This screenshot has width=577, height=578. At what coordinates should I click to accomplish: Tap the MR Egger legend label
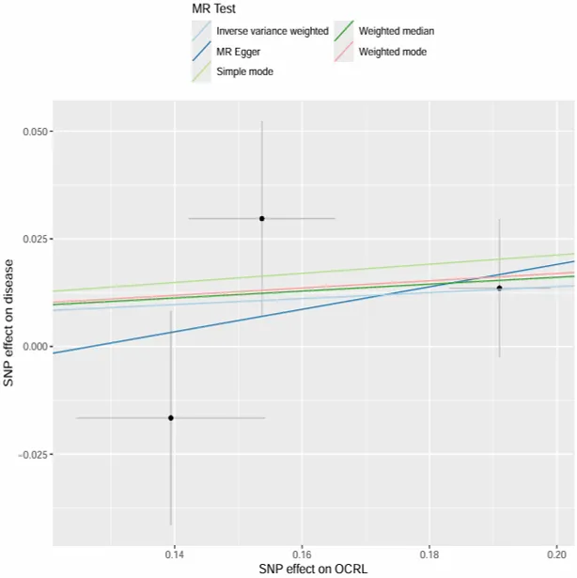point(240,53)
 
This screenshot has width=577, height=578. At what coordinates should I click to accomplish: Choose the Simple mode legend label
point(245,72)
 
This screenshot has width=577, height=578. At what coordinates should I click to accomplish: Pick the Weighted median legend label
point(397,32)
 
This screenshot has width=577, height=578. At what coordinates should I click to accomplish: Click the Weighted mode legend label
point(393,53)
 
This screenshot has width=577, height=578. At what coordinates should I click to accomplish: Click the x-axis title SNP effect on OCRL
point(313,570)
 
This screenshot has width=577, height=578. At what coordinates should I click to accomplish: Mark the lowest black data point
point(171,417)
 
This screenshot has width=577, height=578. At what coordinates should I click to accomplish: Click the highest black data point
point(262,218)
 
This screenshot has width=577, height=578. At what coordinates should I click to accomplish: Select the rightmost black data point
point(499,288)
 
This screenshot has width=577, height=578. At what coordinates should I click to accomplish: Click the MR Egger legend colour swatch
point(200,53)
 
